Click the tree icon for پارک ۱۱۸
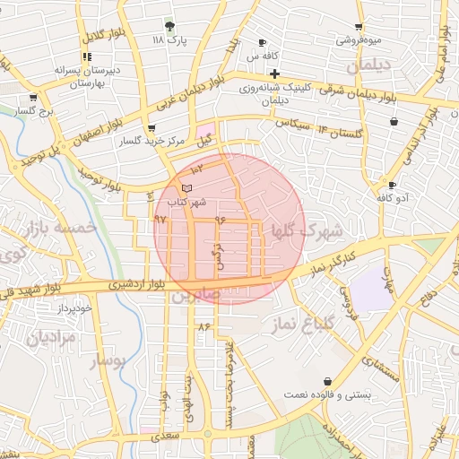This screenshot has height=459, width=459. (x=169, y=26)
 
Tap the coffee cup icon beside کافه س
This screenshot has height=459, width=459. (x=262, y=42)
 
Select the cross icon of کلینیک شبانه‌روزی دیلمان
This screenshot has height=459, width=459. (x=275, y=73)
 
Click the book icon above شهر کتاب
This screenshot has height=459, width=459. (x=186, y=188)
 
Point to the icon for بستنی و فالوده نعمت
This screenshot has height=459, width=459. (x=326, y=381)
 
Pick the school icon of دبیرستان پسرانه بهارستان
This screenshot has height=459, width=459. (x=87, y=56)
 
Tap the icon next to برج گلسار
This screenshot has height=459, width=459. (x=33, y=97)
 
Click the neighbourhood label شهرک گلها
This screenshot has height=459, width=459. (x=307, y=231)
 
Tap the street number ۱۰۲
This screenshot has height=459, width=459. (x=197, y=168)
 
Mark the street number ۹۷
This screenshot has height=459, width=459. (x=160, y=218)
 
